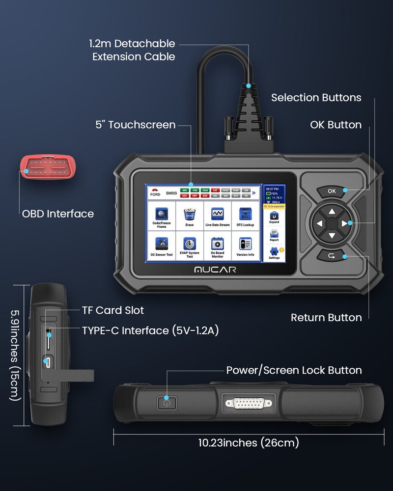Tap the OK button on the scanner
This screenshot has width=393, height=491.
pyautogui.click(x=332, y=191)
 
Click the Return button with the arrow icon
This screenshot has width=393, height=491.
pyautogui.click(x=332, y=256)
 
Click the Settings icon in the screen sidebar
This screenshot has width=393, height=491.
pyautogui.click(x=274, y=252)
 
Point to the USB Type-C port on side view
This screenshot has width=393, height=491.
pyautogui.click(x=48, y=363)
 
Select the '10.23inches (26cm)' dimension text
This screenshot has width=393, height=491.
pyautogui.click(x=249, y=443)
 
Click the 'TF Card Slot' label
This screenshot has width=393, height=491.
pyautogui.click(x=112, y=310)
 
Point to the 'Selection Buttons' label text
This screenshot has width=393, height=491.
pyautogui.click(x=316, y=98)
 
